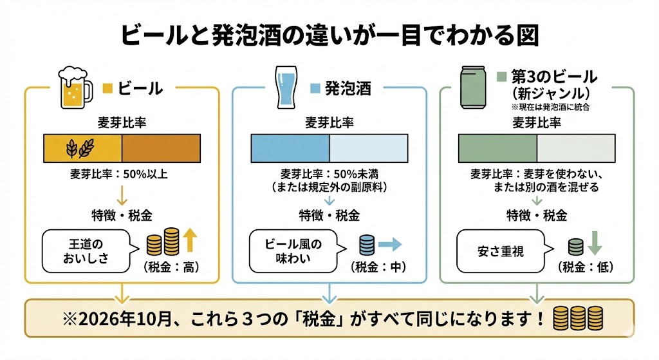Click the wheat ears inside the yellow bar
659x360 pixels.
click(x=80, y=149)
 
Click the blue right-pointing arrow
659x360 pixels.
click(x=389, y=245)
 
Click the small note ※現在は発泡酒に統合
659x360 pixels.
click(x=551, y=108)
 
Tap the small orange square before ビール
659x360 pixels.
click(x=108, y=88)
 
